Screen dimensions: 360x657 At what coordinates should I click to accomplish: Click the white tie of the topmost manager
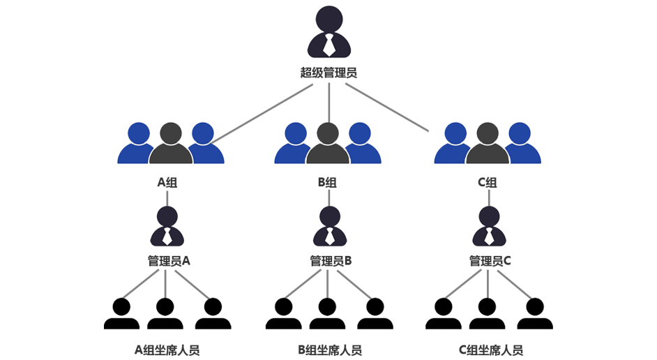coord(328,46)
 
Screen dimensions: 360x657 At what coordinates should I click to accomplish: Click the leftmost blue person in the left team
coord(138,143)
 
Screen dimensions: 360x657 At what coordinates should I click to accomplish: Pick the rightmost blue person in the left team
coord(204,143)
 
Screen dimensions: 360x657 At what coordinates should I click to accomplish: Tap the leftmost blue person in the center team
coord(295,143)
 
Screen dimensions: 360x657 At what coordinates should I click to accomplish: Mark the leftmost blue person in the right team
coord(455,143)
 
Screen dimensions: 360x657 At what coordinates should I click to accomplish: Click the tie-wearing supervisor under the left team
coord(167,227)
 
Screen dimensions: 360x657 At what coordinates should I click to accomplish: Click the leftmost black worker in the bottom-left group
coord(121,315)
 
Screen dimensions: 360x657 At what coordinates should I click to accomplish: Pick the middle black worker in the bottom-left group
coord(165,315)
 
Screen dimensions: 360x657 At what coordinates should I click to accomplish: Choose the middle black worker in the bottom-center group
coord(326,315)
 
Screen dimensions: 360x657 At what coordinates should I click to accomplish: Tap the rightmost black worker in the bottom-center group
coord(375,315)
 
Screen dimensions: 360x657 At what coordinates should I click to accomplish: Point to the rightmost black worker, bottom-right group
coord(534,315)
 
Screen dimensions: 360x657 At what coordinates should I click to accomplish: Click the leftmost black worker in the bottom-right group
coord(444,315)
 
